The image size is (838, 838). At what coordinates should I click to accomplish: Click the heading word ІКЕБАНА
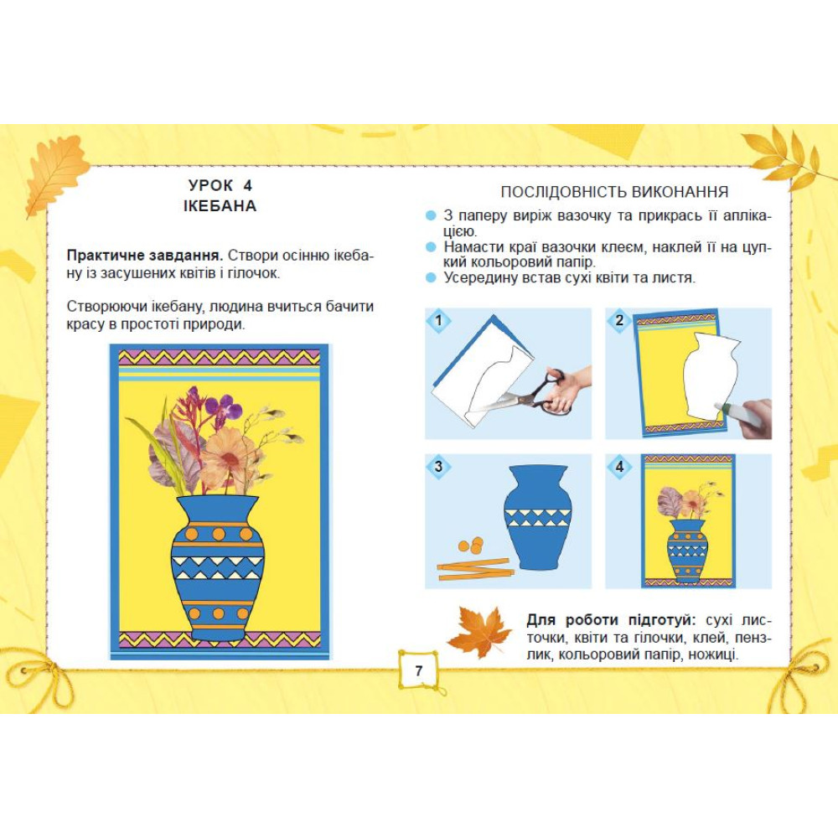220,206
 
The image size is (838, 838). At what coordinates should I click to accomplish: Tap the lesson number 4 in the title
247,185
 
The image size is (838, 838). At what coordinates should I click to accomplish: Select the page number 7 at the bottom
418,670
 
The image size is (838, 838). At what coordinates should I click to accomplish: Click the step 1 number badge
439,321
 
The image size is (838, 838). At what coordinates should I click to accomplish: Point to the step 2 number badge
619,321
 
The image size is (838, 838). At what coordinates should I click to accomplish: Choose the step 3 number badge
439,467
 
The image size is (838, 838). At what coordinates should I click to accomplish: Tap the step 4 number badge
619,467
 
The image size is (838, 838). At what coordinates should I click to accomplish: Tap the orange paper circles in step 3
471,546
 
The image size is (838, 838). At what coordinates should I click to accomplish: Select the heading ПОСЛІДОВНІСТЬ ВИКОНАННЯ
614,192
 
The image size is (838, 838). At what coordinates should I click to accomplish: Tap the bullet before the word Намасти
431,247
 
